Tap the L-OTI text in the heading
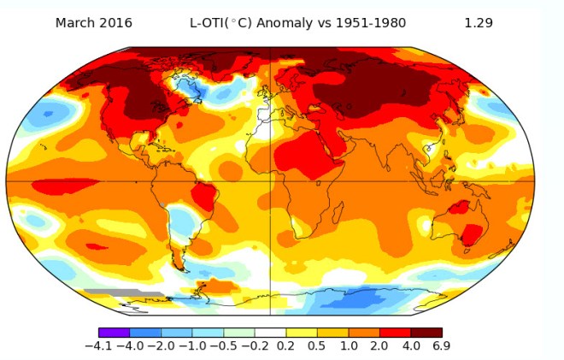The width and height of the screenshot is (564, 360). pos(209,23)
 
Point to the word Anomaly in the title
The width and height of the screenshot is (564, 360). pos(292,23)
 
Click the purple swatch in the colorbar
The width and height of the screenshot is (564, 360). pos(114,332)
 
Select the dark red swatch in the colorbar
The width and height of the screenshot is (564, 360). pos(426,332)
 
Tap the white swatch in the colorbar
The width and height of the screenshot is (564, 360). pos(270,332)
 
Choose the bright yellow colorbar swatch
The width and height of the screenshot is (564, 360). pos(301,332)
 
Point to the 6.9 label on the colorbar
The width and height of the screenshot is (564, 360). pos(441,346)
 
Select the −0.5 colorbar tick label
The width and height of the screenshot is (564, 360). pos(223,346)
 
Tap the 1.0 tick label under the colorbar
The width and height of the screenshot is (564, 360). pos(348,346)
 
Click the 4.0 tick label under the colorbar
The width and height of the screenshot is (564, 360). pos(410,346)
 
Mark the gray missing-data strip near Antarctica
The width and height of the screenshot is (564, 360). pos(123,293)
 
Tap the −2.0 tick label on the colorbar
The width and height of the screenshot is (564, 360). pos(161,346)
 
